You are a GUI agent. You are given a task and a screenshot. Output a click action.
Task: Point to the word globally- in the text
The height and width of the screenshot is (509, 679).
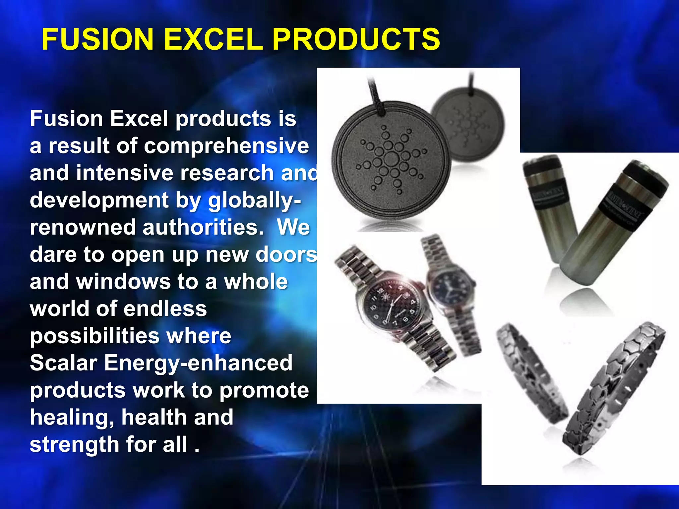coord(254,200)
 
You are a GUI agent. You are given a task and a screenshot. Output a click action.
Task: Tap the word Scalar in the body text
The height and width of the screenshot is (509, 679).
coord(64,363)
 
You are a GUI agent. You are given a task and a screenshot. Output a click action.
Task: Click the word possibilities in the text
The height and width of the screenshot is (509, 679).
coord(94,336)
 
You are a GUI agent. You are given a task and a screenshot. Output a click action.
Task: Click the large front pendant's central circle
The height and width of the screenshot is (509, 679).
coord(392,159)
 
